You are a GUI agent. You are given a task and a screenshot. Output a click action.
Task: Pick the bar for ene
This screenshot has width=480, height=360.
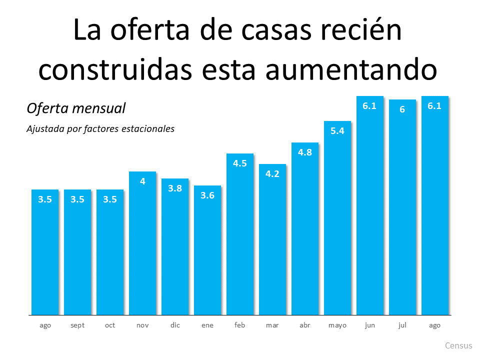(x=207, y=250)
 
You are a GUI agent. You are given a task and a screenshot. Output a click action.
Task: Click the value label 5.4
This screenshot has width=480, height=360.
(x=337, y=131)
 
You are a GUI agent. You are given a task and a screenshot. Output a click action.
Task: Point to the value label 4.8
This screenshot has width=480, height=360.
(x=305, y=152)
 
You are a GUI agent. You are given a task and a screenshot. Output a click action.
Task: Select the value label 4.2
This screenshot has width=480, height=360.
(x=272, y=174)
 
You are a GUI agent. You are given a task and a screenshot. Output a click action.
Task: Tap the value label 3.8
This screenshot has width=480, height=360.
(x=175, y=188)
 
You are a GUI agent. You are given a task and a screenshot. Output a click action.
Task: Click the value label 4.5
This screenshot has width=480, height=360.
(x=240, y=163)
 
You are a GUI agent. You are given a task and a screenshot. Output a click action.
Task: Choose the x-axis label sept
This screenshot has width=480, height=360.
(x=77, y=325)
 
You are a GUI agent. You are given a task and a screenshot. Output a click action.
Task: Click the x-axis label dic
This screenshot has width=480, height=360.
(x=175, y=325)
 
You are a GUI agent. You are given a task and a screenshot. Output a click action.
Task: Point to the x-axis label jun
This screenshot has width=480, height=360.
(x=370, y=325)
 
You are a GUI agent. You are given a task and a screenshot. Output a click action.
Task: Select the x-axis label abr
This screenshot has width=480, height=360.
(x=305, y=325)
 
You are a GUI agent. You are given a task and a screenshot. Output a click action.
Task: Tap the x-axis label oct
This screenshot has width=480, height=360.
(x=110, y=325)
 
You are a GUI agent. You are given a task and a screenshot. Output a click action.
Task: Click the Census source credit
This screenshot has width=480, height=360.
(x=458, y=345)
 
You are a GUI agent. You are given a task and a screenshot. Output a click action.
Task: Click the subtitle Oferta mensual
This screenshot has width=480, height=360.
(x=75, y=108)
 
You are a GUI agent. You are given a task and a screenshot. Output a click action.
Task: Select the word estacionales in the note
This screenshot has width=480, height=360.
(x=149, y=129)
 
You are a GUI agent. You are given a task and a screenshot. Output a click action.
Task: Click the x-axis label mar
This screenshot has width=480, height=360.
(x=272, y=325)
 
